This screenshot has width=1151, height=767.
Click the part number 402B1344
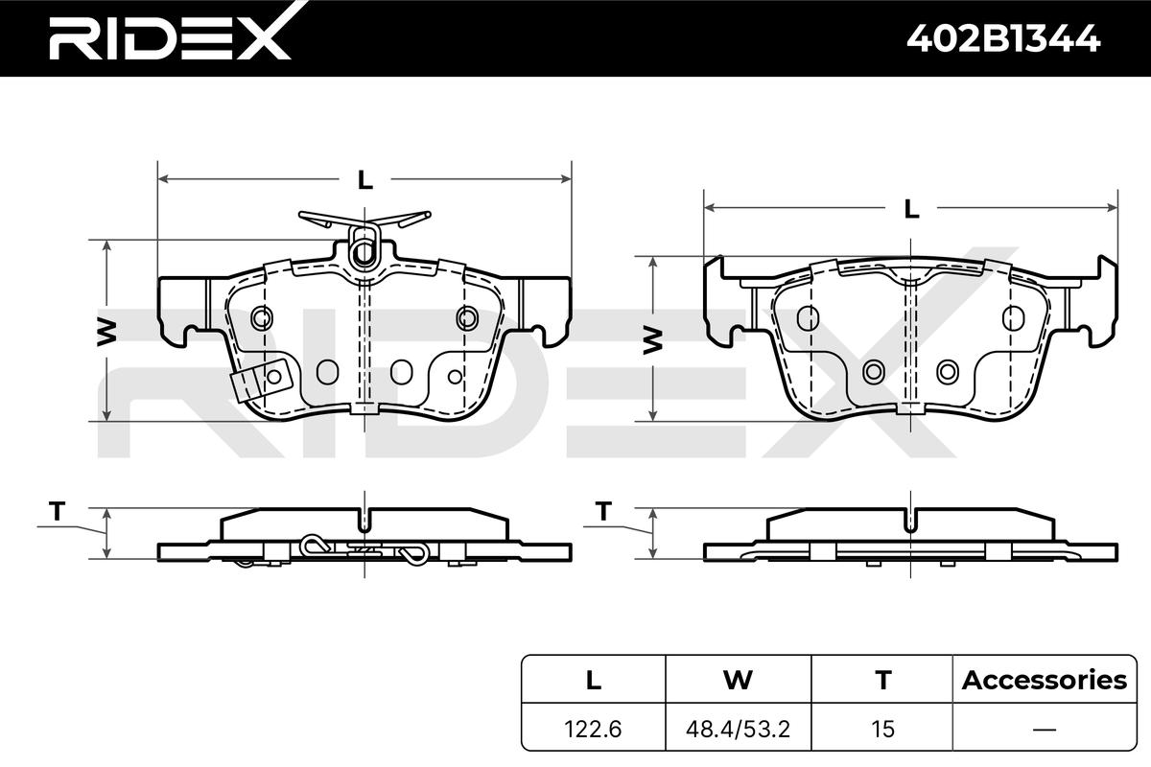point(1003,39)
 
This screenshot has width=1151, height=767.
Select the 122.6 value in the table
point(593,729)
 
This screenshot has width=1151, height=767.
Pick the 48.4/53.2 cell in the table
point(738,729)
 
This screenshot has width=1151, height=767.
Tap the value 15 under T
point(882,729)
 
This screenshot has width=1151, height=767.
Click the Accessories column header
point(1045,680)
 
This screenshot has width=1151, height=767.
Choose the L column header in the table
point(594,680)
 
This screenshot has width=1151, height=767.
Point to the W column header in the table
point(738,680)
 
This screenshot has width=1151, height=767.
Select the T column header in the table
point(883,680)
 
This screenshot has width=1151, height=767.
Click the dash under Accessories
point(1045,730)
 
